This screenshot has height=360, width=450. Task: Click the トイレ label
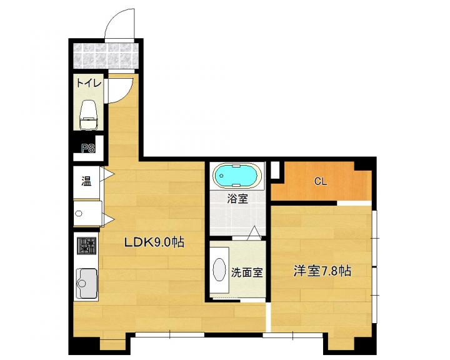(x=89, y=84)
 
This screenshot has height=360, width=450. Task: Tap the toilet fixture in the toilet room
(x=87, y=114)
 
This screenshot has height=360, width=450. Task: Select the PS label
(x=88, y=148)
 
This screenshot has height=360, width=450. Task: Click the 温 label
(x=86, y=181)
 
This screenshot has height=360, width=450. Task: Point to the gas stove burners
(x=86, y=246)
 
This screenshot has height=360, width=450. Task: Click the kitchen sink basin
(x=86, y=283)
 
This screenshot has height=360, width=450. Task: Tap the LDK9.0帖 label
(x=154, y=242)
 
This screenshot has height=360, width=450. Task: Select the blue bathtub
(x=237, y=176)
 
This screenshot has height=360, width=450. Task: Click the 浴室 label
(x=237, y=199)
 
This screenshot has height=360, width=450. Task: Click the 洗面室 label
(x=247, y=272)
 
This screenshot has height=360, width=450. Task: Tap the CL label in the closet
(x=320, y=181)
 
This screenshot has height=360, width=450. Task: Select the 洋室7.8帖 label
(x=322, y=271)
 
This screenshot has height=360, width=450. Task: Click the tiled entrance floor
(x=106, y=56)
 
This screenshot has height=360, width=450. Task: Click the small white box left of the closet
(x=275, y=170)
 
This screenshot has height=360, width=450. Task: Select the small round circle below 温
(x=79, y=213)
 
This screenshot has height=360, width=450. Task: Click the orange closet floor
(x=321, y=182)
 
